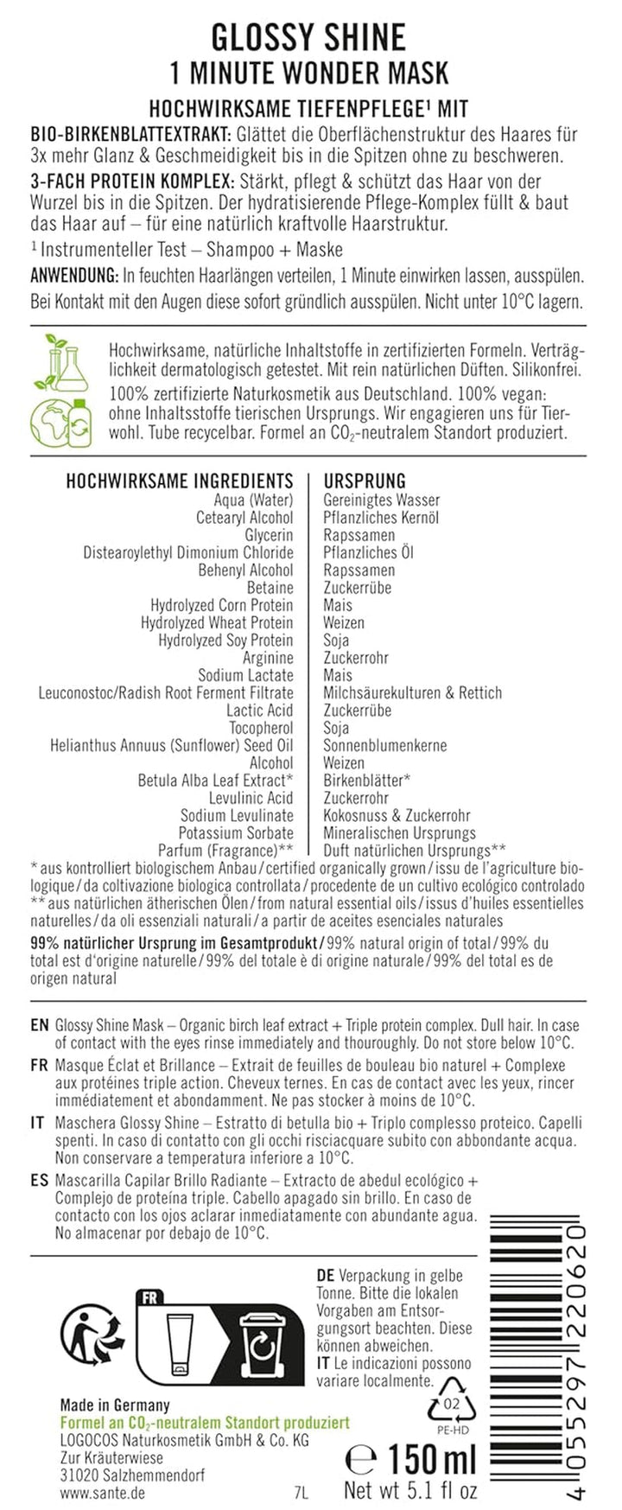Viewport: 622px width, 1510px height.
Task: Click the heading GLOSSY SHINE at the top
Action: [x=309, y=37]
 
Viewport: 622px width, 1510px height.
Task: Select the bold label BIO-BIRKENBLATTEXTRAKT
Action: [x=130, y=135]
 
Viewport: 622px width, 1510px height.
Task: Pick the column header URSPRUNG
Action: [x=365, y=481]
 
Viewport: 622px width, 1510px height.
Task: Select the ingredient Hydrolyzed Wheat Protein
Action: [x=217, y=622]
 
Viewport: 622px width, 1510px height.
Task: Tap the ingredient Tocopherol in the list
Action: [x=261, y=728]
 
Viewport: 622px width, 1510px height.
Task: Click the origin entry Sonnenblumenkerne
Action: [x=385, y=745]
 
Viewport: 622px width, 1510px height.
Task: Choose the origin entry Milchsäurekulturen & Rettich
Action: [x=412, y=692]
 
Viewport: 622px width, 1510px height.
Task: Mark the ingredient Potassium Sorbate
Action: [x=236, y=832]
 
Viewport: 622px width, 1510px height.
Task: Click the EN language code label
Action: [x=39, y=1025]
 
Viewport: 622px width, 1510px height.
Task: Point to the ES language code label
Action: [x=39, y=1180]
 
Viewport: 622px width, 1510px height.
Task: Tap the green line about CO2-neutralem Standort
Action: [x=205, y=1422]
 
